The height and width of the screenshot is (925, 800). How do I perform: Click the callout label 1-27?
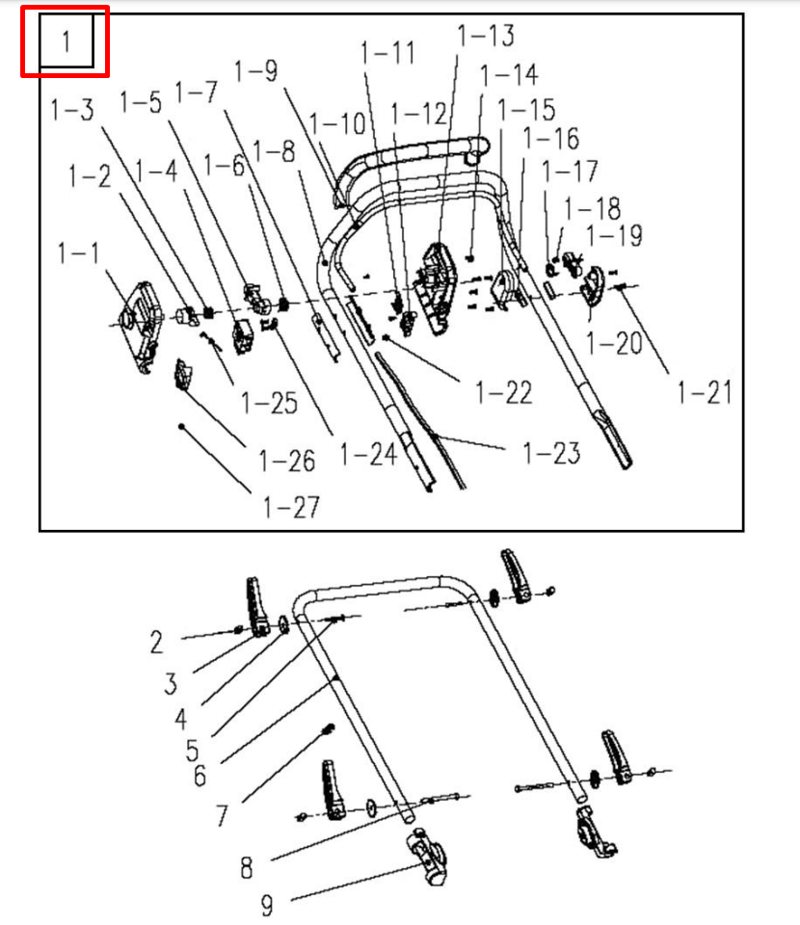[x=292, y=506]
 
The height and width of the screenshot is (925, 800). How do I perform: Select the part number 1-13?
[x=485, y=36]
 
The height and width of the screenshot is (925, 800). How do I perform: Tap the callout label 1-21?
[x=705, y=392]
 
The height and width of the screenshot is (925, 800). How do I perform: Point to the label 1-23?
[x=551, y=452]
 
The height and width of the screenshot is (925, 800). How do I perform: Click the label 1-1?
[x=77, y=253]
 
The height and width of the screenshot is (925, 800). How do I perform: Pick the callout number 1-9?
[x=255, y=70]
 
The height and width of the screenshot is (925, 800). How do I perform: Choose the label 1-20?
[x=613, y=342]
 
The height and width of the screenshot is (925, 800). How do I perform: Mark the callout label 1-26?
[x=287, y=461]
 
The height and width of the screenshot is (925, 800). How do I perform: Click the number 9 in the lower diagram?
[x=267, y=905]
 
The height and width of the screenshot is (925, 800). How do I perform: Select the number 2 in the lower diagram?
[x=156, y=641]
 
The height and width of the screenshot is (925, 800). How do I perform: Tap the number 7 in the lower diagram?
[x=222, y=815]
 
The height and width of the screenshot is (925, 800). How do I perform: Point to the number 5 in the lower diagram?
[x=193, y=749]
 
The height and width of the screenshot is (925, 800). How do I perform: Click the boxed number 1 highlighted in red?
[x=66, y=41]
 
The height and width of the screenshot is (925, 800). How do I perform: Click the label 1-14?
[x=508, y=74]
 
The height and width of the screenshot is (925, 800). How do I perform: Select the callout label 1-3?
[x=72, y=110]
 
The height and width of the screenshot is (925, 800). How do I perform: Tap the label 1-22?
[x=504, y=392]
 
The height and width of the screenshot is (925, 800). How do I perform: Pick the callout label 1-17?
[x=570, y=172]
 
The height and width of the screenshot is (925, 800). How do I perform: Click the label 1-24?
[x=368, y=453]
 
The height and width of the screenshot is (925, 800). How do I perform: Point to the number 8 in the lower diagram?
[x=247, y=867]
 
